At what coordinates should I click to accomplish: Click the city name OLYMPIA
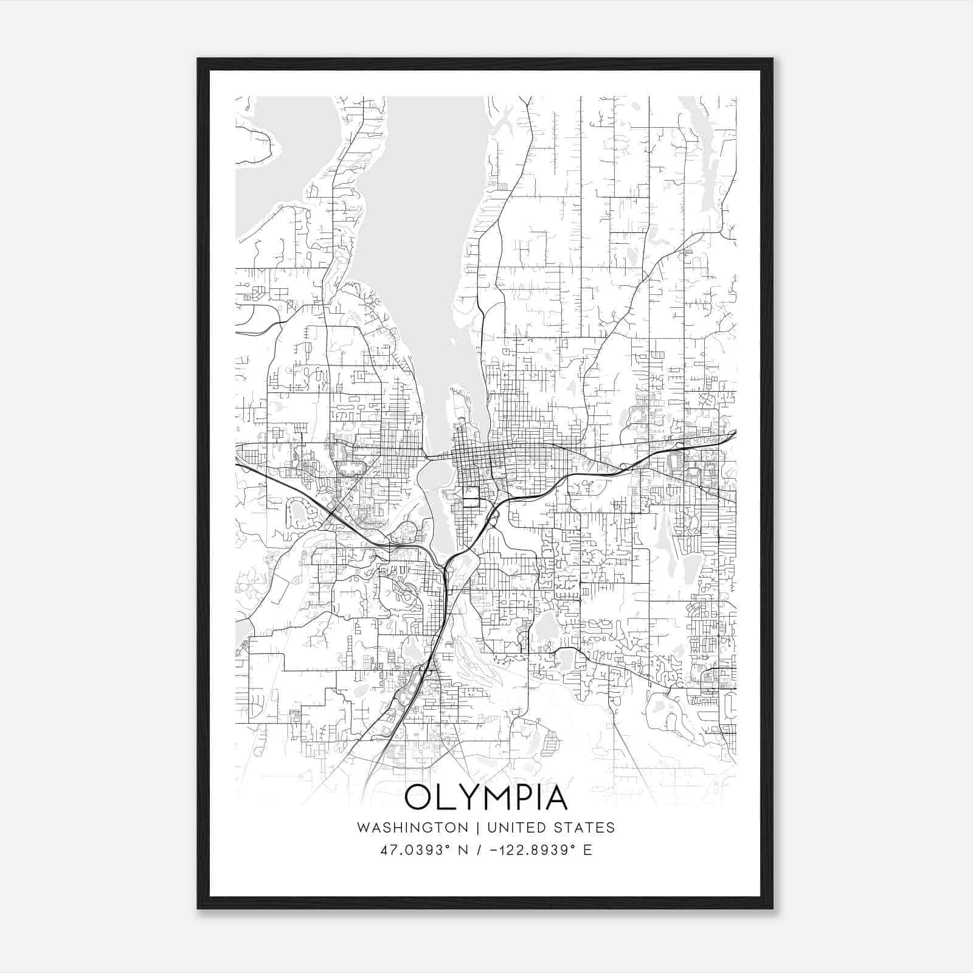tap(486, 797)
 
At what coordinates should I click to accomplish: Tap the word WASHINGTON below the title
tap(412, 828)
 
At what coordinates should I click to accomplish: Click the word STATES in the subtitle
tap(584, 828)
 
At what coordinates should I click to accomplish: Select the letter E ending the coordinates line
tap(587, 850)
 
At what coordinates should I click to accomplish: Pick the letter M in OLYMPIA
tap(496, 797)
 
